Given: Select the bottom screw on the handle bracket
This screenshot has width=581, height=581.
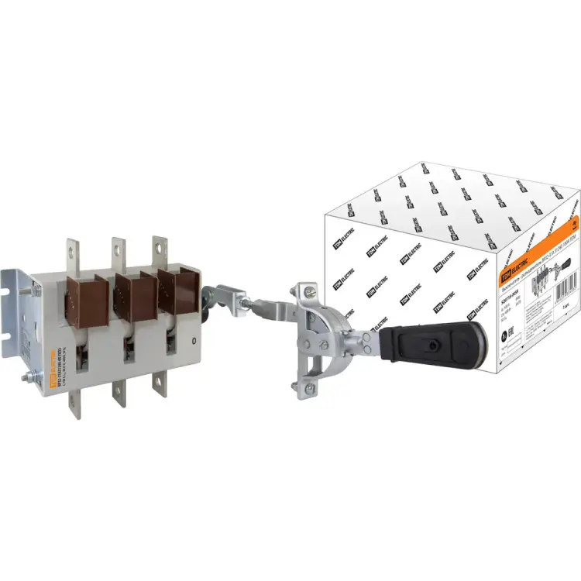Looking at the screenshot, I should coord(310,387).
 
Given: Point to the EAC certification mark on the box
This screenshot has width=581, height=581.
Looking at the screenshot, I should coord(505,338).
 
